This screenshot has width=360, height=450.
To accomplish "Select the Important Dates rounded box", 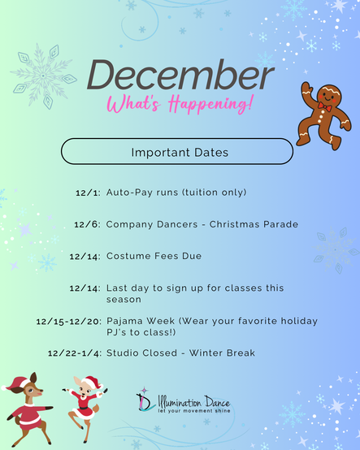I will (x=177, y=152).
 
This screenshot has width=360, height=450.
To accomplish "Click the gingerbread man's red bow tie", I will (x=325, y=106).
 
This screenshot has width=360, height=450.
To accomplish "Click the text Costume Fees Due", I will (x=154, y=257).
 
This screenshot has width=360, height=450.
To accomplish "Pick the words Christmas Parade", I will (x=254, y=224).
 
